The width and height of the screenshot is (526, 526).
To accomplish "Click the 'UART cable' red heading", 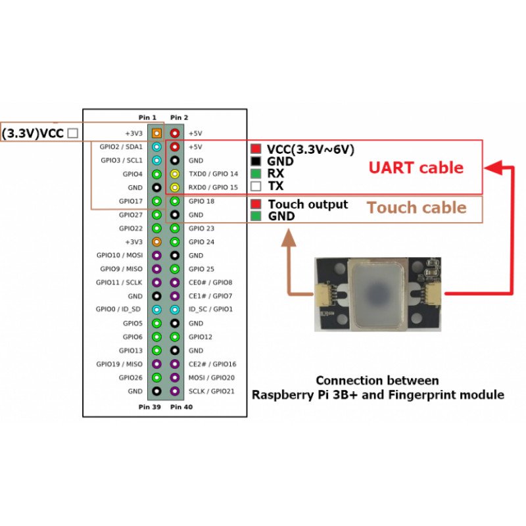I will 416,167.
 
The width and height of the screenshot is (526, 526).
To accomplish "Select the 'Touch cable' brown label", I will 416,208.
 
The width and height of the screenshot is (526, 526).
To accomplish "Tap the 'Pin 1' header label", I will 147,118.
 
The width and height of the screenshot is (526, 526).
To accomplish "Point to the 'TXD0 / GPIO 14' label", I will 214,174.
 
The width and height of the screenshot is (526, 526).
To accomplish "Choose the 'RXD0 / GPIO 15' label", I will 214,187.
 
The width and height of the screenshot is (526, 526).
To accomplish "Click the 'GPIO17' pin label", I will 130,201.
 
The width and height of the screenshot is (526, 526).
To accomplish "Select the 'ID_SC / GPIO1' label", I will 211,309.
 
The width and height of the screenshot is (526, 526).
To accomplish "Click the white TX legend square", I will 256,186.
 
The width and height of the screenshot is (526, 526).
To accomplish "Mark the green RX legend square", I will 256,174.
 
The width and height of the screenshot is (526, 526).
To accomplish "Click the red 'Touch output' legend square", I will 256,204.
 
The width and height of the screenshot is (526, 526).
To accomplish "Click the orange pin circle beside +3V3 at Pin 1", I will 156,133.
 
